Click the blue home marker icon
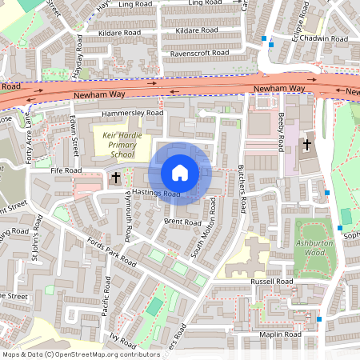180,173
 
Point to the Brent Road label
182,222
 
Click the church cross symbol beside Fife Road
116,177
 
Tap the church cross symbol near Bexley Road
307,144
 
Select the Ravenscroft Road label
199,53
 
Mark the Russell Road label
273,282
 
